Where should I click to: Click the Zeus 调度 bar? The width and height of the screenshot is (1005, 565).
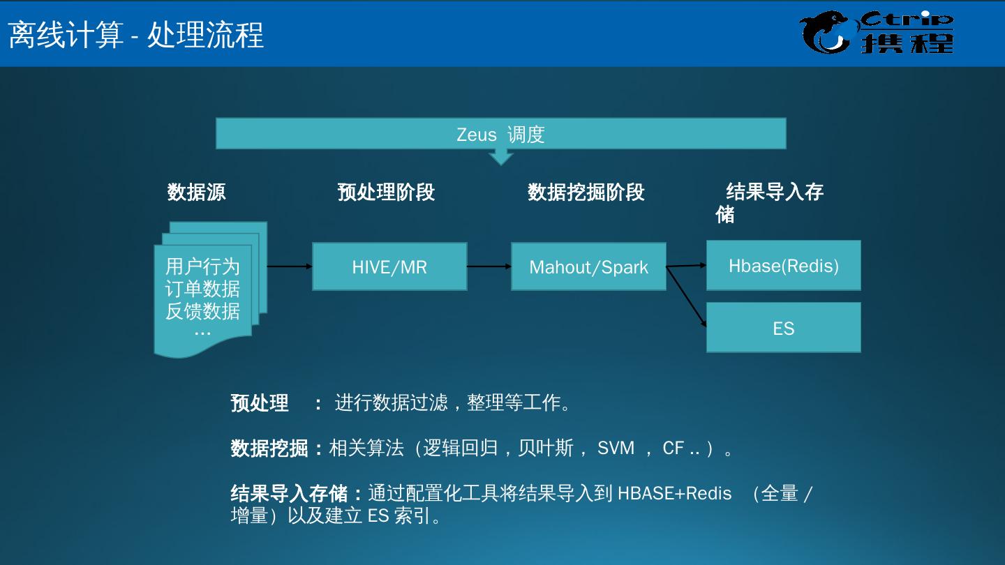500,133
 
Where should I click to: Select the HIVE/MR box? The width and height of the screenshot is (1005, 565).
389,266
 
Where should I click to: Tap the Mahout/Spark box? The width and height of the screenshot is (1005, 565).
588,266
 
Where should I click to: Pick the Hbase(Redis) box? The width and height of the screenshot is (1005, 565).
783,265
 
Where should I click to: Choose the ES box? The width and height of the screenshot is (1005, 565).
783,327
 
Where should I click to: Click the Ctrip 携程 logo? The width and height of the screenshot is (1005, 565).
877,33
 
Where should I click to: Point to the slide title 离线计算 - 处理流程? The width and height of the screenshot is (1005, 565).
136,34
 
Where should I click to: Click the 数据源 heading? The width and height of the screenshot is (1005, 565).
196,192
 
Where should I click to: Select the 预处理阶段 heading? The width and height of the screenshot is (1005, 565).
386,192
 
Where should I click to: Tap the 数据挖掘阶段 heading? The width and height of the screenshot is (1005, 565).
586,192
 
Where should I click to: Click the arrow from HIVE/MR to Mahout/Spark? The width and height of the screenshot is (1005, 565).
489,266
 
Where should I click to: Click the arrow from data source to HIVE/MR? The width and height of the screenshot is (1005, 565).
290,266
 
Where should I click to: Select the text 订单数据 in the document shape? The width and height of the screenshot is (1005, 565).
202,289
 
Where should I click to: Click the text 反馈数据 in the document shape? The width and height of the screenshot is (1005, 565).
202,311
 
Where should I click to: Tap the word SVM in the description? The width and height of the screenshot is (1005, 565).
616,448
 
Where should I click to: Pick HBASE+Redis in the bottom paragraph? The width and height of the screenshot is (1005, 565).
674,494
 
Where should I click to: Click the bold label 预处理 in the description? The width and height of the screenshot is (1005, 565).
260,403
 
